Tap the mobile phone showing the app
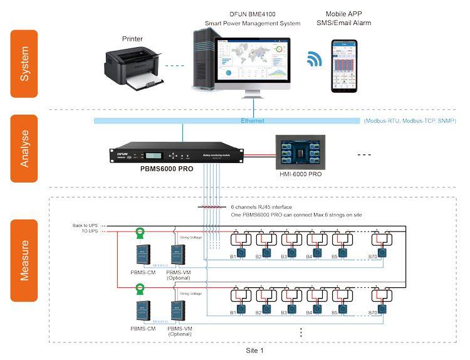coord(343,66)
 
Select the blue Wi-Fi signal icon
coord(313,60)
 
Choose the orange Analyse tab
coord(24,147)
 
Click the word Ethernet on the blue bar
coord(253,120)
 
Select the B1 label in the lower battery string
coord(234,312)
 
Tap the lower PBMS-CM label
coord(142,327)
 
